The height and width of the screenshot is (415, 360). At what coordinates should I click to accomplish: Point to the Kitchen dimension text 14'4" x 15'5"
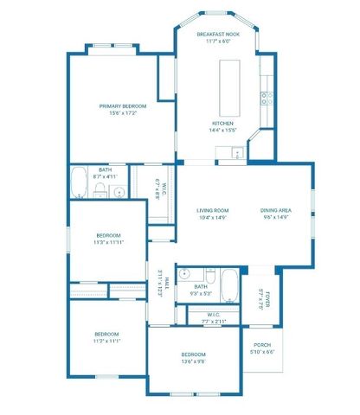(222, 131)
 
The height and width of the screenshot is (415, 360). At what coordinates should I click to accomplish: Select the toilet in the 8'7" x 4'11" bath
(100, 189)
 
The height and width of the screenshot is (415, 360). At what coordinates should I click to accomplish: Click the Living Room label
(212, 210)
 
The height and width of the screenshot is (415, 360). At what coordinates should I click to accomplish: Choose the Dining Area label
(275, 210)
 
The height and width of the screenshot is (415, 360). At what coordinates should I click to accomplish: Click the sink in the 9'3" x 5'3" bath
(183, 275)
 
